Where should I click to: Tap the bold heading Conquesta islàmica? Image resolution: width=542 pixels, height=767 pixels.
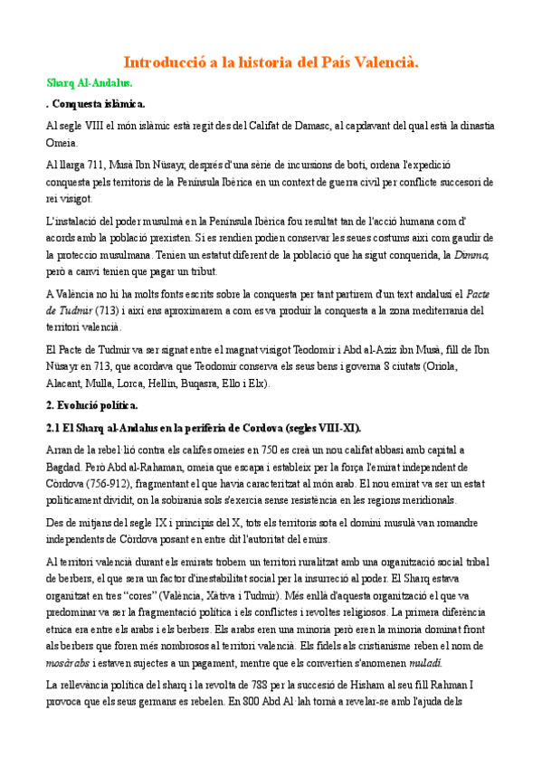(x=97, y=104)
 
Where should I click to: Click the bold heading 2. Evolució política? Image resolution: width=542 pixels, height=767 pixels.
(x=98, y=404)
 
